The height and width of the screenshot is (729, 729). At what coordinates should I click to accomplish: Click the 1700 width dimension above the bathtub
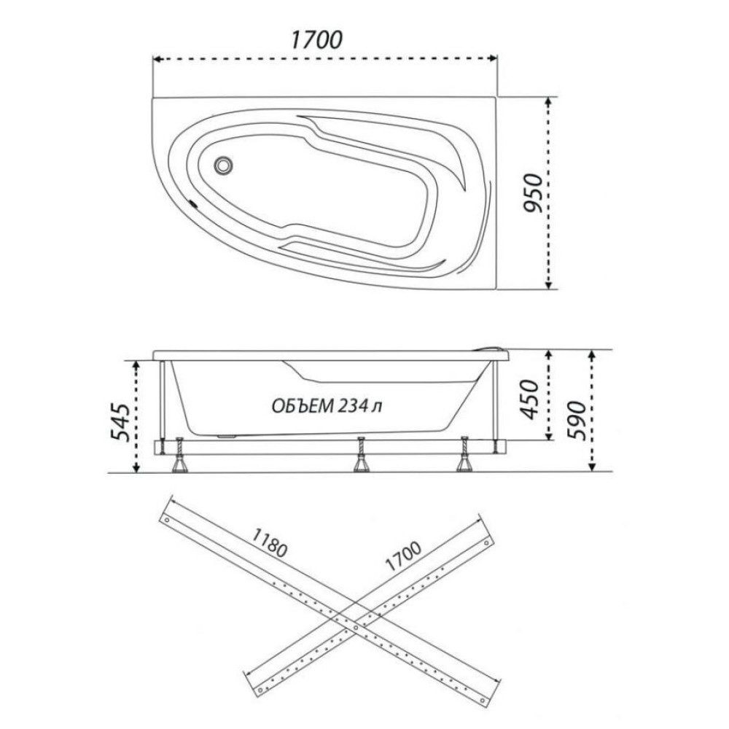click(x=316, y=40)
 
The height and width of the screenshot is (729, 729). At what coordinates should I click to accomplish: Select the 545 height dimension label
click(x=119, y=422)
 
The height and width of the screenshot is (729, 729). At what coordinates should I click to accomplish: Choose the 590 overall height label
click(x=577, y=420)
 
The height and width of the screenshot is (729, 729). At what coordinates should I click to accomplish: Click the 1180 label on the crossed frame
click(x=269, y=542)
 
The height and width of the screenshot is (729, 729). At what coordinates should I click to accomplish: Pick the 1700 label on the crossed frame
click(x=402, y=556)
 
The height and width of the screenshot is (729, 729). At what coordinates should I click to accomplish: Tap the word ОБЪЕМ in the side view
click(x=303, y=406)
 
